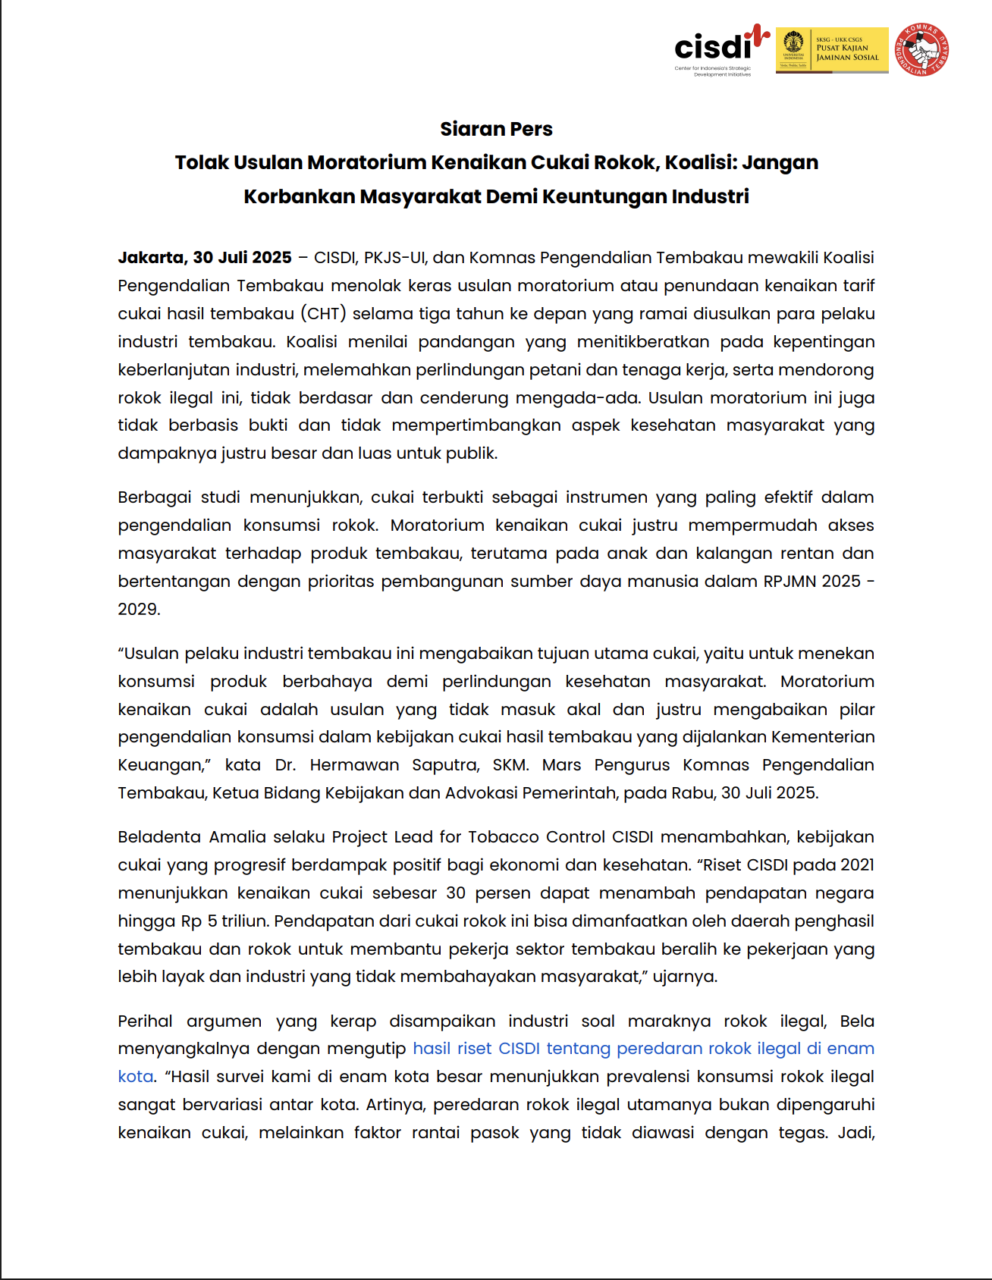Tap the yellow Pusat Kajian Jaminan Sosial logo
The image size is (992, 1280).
(x=832, y=49)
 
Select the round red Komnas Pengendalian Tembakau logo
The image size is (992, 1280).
(x=922, y=49)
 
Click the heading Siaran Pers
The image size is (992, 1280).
(x=496, y=129)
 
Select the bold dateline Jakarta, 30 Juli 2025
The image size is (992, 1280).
(x=205, y=258)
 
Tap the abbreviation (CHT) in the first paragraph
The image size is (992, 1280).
(x=323, y=314)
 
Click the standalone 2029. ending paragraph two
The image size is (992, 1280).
(x=139, y=610)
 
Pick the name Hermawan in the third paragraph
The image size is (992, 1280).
(x=354, y=765)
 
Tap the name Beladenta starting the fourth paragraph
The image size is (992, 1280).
(x=159, y=837)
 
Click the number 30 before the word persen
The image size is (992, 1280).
(x=456, y=893)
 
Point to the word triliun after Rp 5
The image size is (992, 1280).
(x=244, y=921)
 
